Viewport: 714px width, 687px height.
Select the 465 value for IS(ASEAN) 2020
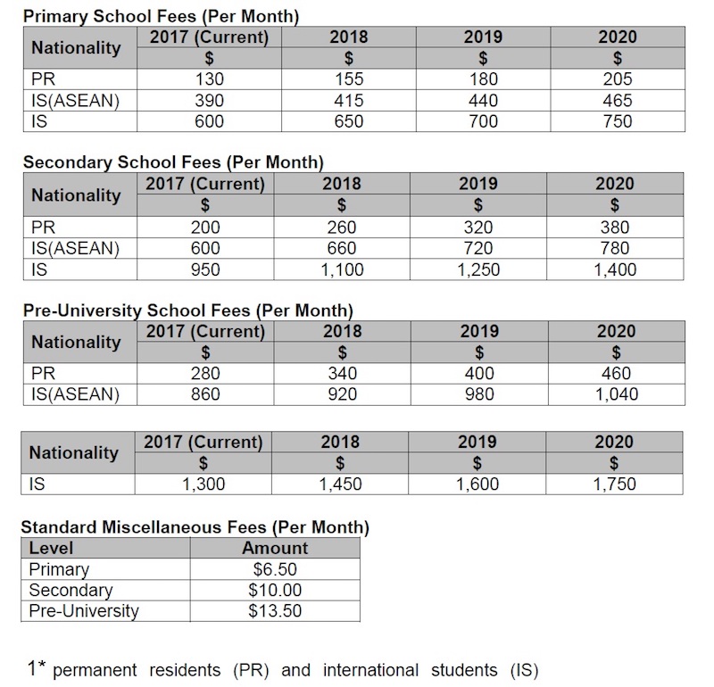coord(617,100)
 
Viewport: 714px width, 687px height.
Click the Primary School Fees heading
coord(160,16)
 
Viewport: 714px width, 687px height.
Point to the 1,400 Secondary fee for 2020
coord(616,269)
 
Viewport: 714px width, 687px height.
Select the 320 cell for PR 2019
coord(479,227)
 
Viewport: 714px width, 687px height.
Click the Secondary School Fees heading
coord(172,162)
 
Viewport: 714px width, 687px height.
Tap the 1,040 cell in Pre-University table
coord(616,394)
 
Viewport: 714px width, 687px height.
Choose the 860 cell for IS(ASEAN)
coord(205,394)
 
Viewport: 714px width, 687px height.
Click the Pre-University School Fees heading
coord(187,310)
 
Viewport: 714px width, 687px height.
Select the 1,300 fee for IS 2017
coord(203,484)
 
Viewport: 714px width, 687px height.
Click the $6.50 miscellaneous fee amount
coord(275,569)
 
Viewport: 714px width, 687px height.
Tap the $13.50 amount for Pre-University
coord(275,611)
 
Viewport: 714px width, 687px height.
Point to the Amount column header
coord(275,548)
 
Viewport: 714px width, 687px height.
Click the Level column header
coord(52,548)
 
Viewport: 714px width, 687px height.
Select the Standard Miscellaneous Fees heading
coord(195,526)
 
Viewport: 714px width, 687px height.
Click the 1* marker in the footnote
coord(37,667)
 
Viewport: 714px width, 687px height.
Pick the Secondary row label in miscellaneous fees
coord(71,591)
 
